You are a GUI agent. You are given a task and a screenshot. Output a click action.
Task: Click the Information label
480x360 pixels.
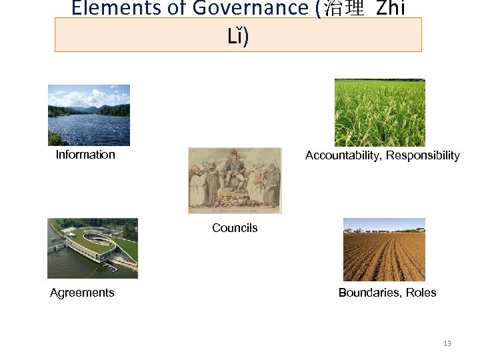pos(85,155)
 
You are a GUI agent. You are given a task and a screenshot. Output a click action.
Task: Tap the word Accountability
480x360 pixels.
pos(344,155)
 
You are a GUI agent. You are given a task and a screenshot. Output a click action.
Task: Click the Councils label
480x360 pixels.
pos(235,228)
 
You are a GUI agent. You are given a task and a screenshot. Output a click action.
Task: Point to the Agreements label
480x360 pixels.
pos(82,293)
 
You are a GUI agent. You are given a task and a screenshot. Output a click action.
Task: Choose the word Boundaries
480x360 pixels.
pos(369,293)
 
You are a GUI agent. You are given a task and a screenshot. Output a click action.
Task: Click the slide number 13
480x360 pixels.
pos(447,343)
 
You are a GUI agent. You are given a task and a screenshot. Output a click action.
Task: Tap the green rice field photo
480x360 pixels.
pos(379,113)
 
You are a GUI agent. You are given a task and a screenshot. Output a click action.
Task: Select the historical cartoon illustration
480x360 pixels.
pos(235,180)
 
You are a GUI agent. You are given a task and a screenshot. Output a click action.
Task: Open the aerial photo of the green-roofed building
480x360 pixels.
pos(92,248)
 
